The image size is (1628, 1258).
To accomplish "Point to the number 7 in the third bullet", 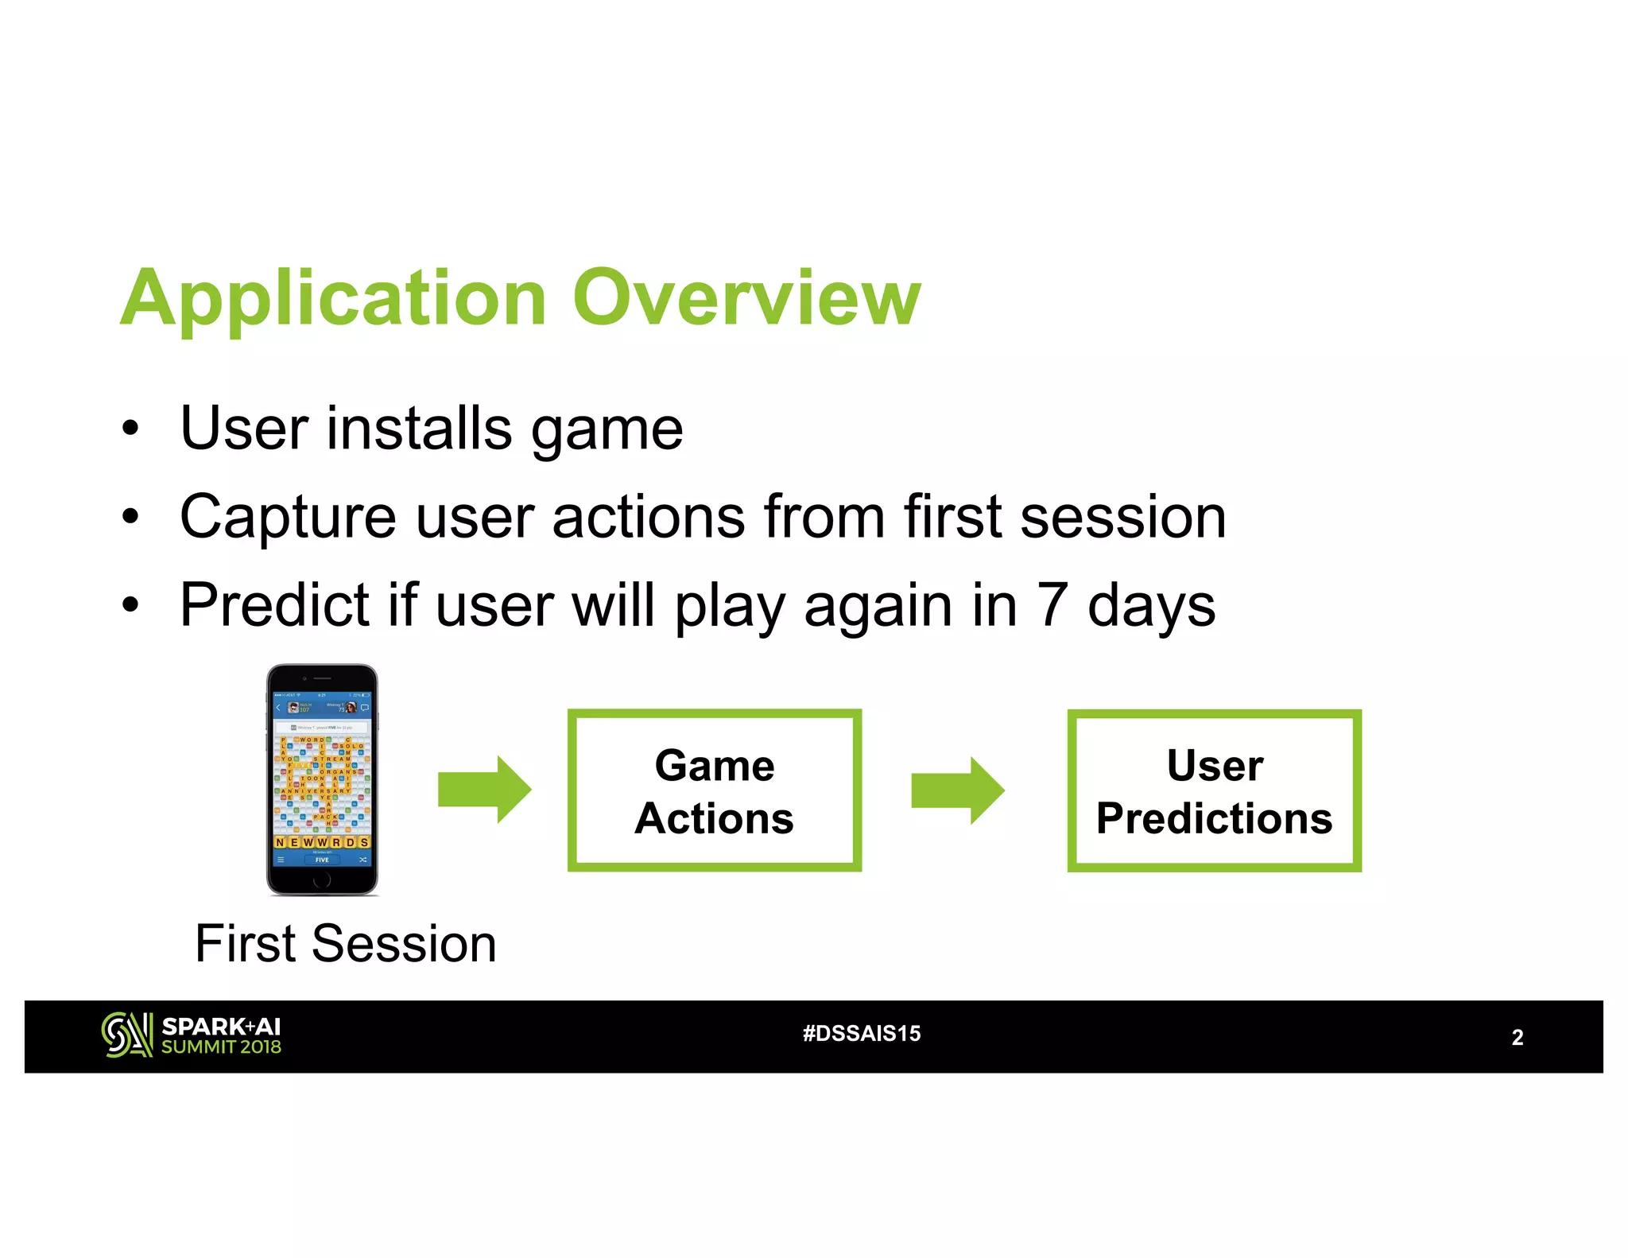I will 1052,605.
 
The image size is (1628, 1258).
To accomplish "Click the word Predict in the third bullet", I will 274,605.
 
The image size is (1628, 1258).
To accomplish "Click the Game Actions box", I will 714,790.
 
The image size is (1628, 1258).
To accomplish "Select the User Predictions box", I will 1214,790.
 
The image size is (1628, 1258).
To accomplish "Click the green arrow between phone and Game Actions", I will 484,790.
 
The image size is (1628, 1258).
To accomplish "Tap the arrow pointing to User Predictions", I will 957,790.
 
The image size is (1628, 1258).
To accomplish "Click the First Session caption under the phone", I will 346,944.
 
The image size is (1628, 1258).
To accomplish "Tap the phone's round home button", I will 322,879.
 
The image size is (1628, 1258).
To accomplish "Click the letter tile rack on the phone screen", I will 322,841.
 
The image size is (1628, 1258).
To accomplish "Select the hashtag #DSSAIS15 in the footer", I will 862,1034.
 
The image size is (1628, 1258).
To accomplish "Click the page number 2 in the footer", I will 1517,1037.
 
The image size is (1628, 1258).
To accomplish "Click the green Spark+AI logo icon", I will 126,1035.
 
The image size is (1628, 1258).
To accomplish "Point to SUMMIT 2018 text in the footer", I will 221,1047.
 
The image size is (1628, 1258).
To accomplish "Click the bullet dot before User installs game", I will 130,429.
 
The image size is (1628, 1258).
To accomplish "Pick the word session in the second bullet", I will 1122,518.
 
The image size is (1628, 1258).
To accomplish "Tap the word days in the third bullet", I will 1150,605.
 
